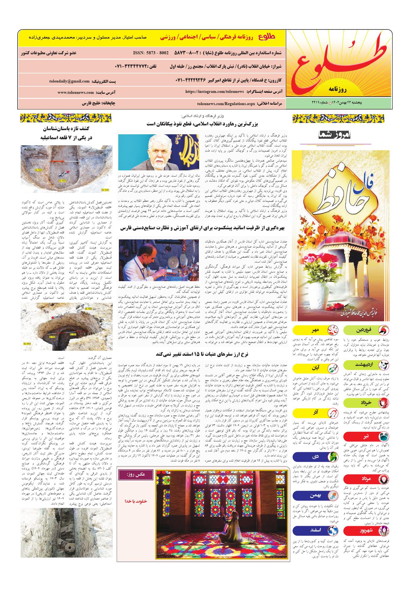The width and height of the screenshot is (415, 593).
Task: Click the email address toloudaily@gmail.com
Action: (69, 81)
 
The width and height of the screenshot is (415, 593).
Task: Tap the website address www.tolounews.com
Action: (76, 93)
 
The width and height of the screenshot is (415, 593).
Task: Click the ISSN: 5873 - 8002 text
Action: (151, 53)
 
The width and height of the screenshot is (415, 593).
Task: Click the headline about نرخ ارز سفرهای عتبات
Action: (202, 354)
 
